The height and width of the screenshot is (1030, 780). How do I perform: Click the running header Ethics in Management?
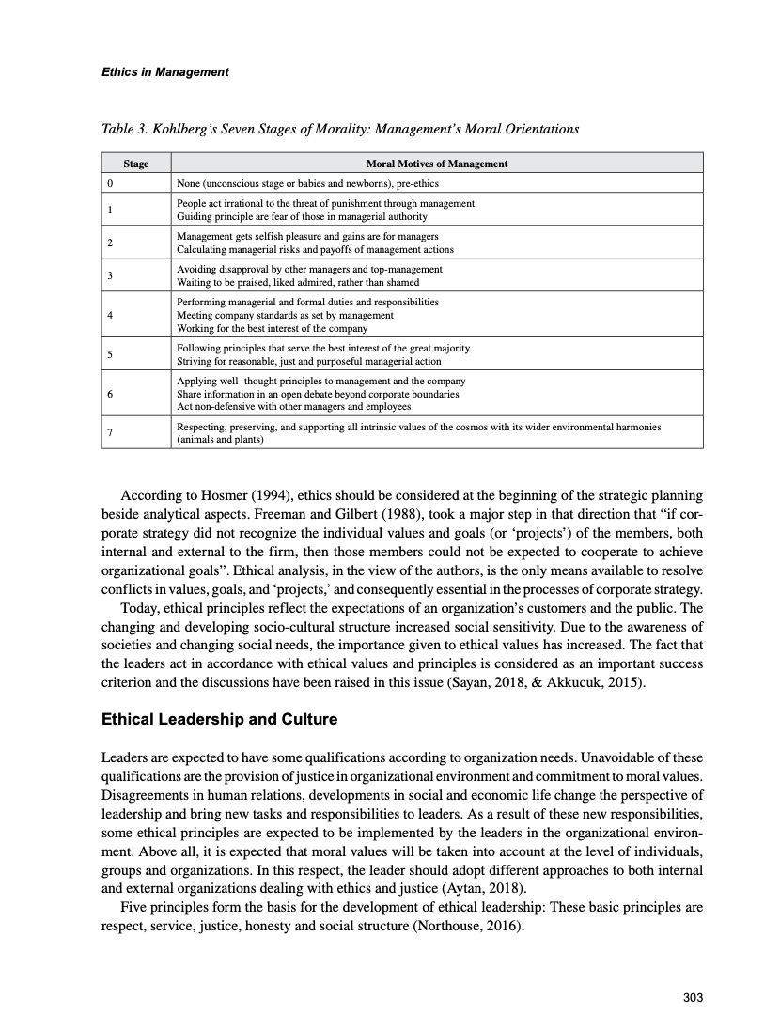[x=164, y=72]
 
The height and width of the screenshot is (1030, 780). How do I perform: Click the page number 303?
[x=693, y=998]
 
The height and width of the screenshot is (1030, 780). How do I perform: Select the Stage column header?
[x=136, y=164]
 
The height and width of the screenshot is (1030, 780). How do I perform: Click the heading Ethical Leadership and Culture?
[x=219, y=721]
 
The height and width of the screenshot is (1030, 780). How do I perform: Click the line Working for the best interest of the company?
[x=272, y=328]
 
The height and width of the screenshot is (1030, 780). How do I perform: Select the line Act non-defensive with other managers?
[x=293, y=406]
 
